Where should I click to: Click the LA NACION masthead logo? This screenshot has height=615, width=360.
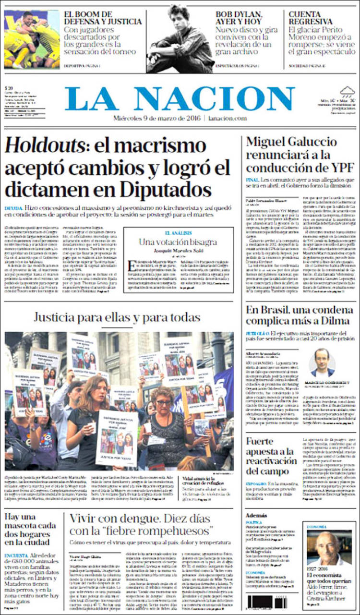point(180,99)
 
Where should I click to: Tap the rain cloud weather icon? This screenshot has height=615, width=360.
point(347,91)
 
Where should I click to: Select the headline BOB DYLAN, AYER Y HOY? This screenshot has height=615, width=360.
point(245,18)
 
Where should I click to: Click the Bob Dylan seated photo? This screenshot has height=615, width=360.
point(180,39)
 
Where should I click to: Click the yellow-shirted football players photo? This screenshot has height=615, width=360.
point(32,39)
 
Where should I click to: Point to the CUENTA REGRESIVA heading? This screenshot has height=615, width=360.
point(311,18)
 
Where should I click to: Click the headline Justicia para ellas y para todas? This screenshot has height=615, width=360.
point(117,317)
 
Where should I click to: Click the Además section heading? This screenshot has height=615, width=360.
point(255,515)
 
